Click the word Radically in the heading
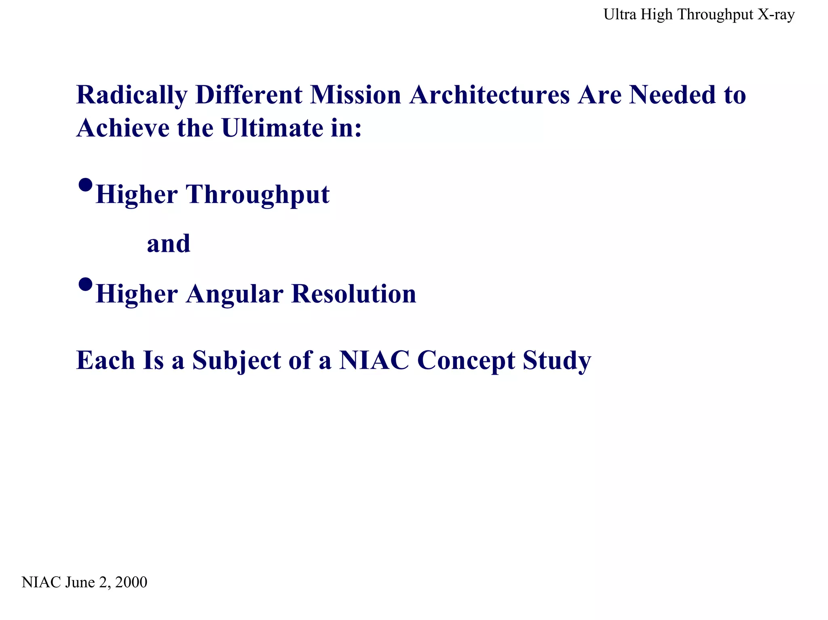pos(131,95)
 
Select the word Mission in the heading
pos(355,95)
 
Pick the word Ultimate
pos(272,129)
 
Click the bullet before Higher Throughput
pos(85,186)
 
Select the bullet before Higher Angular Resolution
pos(85,285)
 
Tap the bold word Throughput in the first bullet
pos(258,195)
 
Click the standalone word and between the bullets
pos(169,244)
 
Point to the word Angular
pos(234,294)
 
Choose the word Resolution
pos(354,294)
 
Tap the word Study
pos(557,361)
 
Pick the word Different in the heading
pos(249,95)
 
